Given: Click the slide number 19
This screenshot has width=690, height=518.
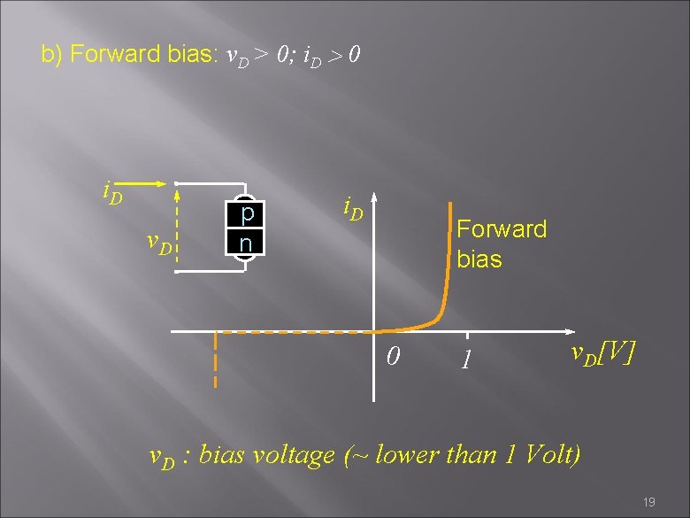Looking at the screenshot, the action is [648, 502].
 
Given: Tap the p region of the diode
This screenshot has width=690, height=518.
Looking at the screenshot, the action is [248, 214].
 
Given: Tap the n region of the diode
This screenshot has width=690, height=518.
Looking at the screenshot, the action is [248, 241].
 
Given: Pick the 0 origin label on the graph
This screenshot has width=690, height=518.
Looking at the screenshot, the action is [395, 357].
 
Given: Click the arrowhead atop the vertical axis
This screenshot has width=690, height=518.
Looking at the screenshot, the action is [373, 197].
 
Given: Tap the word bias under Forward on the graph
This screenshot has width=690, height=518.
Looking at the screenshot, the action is [479, 259].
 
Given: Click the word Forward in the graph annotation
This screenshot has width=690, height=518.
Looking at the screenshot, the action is [501, 229].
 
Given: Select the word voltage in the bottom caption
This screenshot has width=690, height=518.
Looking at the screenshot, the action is [293, 455].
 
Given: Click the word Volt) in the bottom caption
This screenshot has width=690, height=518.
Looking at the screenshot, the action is [552, 455].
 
